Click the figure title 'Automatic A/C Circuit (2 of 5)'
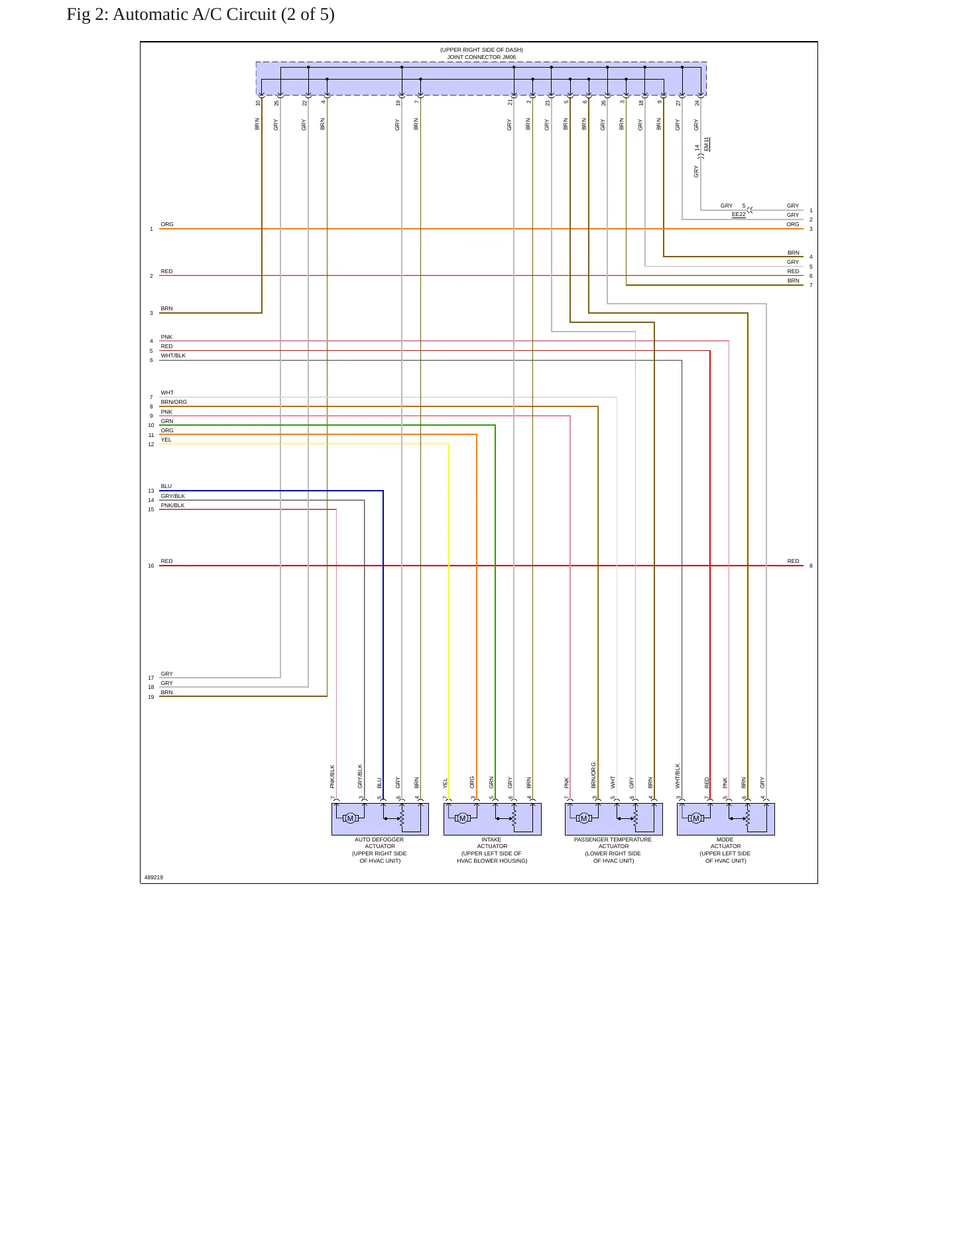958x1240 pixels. click(x=223, y=15)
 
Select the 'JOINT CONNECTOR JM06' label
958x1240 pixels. click(x=481, y=57)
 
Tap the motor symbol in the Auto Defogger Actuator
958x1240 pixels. click(x=351, y=818)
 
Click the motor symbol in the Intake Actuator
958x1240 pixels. click(x=463, y=818)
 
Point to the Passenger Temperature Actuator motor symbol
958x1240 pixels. click(x=584, y=818)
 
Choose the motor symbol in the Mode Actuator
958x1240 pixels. click(x=696, y=818)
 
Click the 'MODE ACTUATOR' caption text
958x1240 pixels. click(x=725, y=843)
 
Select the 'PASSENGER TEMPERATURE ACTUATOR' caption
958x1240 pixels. click(x=613, y=843)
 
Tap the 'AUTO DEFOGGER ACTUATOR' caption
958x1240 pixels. click(x=379, y=843)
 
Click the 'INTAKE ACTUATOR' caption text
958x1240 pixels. click(x=492, y=843)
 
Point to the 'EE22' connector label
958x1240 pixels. click(x=739, y=215)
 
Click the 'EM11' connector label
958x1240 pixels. click(x=707, y=144)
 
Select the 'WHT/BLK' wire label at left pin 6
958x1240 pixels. click(x=173, y=355)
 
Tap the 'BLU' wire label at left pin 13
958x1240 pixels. click(x=166, y=486)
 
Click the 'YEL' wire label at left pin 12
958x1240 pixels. click(x=166, y=440)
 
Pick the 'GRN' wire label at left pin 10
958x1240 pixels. click(x=167, y=421)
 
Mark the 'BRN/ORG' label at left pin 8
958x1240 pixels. click(x=174, y=402)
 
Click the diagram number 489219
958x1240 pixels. click(x=154, y=877)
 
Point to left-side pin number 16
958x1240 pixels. click(x=151, y=566)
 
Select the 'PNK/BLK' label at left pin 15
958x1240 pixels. click(x=172, y=505)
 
